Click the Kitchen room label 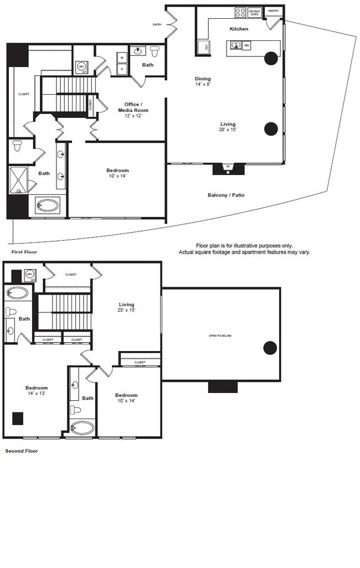239,29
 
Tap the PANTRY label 273,11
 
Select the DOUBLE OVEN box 254,12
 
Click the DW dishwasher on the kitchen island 246,45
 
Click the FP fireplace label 228,167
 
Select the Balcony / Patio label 226,195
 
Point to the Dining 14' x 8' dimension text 203,82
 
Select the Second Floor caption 22,451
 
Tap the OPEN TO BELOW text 220,336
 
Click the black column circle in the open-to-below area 270,348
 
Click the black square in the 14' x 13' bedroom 18,418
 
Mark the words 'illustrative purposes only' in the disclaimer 263,245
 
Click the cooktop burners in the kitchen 240,12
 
